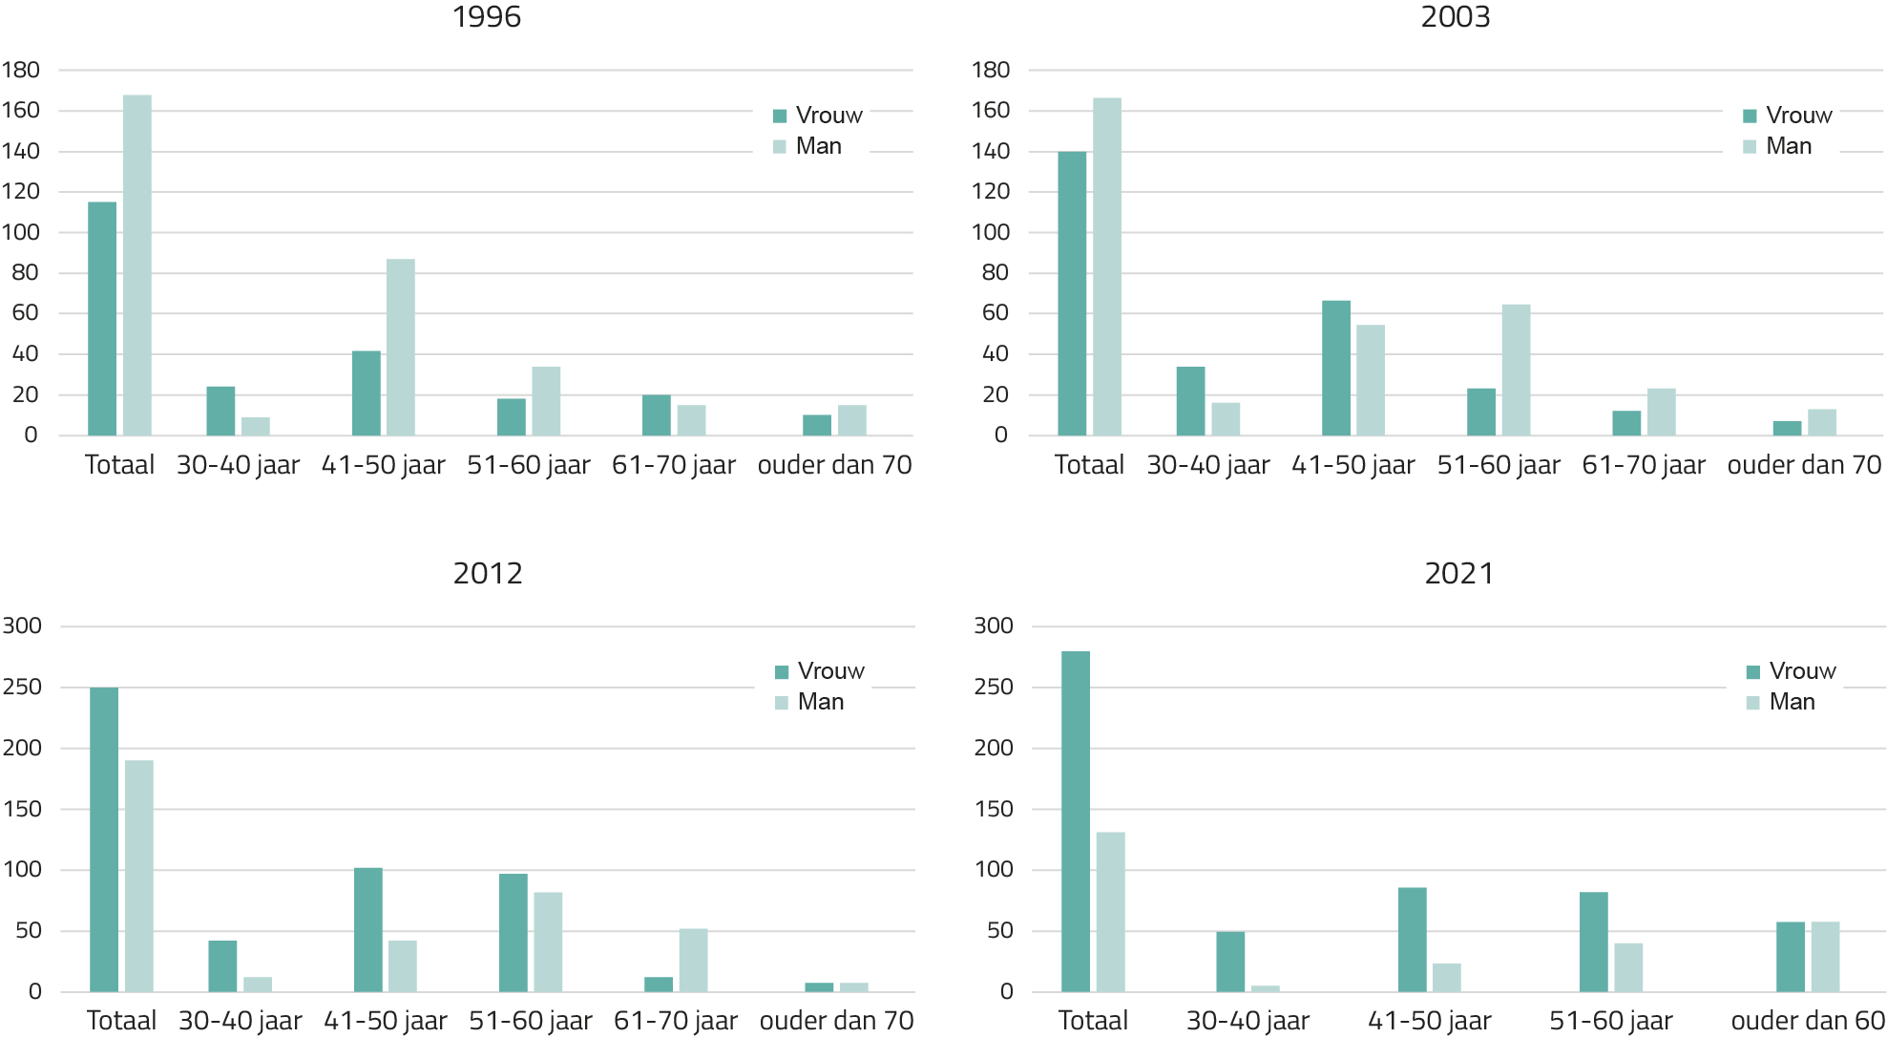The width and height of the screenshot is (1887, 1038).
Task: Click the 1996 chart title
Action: coord(487,17)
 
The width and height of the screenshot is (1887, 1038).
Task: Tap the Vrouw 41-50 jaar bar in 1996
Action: coord(367,392)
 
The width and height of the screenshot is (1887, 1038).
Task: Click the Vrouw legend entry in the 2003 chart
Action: coord(1787,116)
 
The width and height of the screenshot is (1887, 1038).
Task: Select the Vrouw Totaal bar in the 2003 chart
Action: coord(1072,293)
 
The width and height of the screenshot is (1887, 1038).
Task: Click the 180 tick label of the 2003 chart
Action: coord(990,70)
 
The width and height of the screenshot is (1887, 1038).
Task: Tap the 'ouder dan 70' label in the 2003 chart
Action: coord(1804,465)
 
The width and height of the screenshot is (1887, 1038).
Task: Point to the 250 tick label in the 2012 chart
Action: coord(22,687)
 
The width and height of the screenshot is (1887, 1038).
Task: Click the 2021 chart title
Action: coord(1458,573)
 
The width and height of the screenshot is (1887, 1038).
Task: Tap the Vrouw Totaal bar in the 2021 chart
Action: coord(1076,820)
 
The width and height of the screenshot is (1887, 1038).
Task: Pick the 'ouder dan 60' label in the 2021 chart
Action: coord(1808,1021)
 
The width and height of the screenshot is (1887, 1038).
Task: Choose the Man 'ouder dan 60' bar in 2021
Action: coord(1825,956)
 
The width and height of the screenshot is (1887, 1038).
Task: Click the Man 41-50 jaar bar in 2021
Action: coord(1447,977)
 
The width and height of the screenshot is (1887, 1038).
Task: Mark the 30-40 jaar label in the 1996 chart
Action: coord(239,465)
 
